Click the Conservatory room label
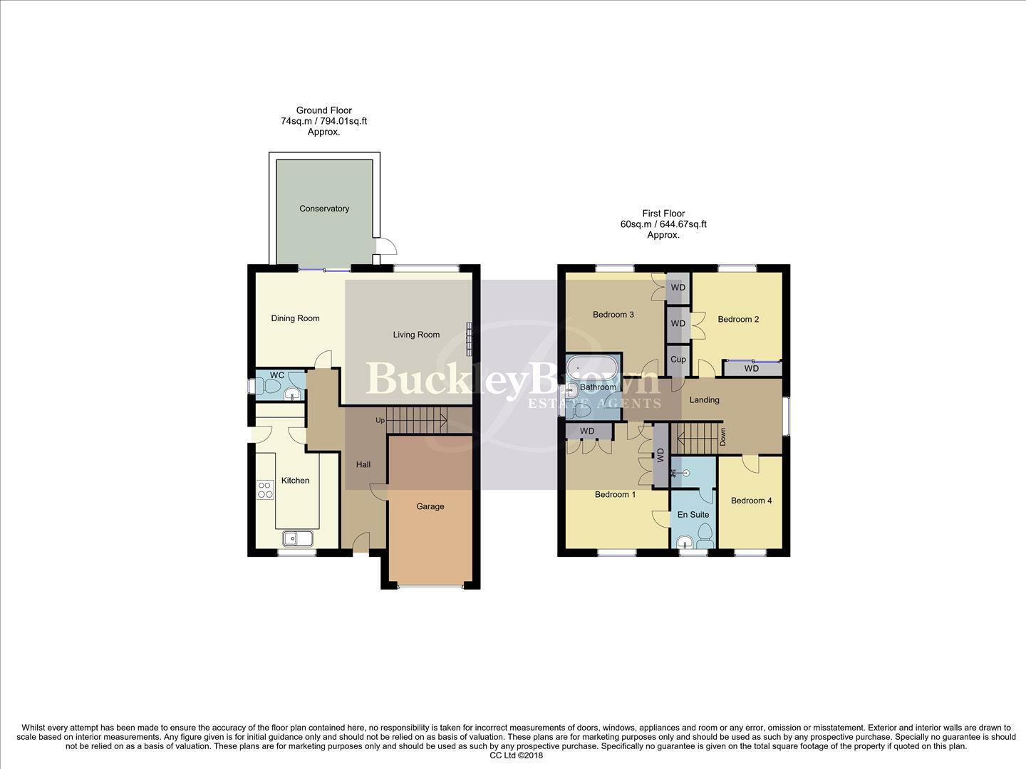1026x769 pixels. point(324,209)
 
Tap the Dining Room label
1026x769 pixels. point(295,318)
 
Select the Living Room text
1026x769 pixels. point(416,335)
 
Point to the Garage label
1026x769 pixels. point(430,506)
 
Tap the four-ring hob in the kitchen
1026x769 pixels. point(265,489)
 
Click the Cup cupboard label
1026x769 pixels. point(678,360)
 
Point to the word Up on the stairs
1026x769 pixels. point(380,421)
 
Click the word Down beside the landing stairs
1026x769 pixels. point(722,436)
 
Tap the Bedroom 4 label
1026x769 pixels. point(751,501)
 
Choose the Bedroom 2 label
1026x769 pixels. point(738,319)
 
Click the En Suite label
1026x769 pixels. point(693,514)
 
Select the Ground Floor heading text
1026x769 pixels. point(324,110)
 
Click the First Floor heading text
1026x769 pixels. point(663,214)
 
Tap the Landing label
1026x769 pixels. point(704,399)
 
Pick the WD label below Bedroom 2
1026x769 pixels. point(752,369)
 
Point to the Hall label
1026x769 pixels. point(363,464)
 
